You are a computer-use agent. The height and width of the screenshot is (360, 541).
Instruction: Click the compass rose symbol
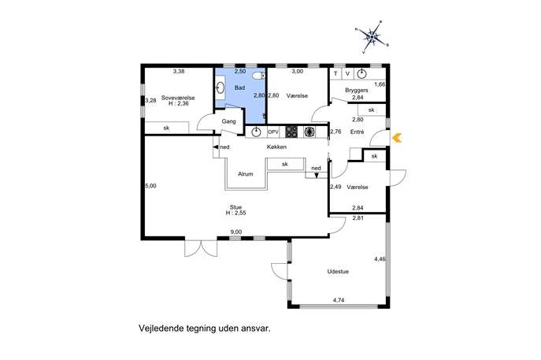click(372, 36)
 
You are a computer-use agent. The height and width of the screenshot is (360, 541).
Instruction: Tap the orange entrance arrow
click(397, 138)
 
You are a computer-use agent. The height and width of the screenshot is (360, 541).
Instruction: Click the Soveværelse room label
click(178, 98)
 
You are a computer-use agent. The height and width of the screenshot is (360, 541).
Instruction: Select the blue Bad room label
click(240, 88)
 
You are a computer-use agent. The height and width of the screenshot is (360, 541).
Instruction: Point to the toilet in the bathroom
click(258, 76)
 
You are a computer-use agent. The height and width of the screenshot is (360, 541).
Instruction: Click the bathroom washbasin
click(220, 87)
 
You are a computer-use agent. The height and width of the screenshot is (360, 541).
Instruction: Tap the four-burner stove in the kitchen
click(291, 132)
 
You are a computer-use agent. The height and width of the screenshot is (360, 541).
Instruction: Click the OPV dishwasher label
click(273, 132)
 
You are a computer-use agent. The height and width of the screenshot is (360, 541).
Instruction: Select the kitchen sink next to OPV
click(256, 132)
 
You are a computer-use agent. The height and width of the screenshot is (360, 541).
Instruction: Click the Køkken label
click(276, 147)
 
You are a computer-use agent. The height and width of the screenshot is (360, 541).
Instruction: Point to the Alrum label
click(246, 174)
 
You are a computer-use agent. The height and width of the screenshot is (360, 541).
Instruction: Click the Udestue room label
click(338, 272)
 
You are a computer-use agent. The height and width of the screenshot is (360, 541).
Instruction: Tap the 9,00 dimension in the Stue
click(236, 232)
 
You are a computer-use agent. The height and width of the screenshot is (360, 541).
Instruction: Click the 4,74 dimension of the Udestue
click(339, 300)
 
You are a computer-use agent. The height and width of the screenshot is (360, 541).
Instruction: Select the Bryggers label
click(357, 90)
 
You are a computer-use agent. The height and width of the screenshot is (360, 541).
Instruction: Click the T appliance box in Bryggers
click(335, 73)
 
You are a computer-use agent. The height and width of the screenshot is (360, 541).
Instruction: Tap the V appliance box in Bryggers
click(347, 73)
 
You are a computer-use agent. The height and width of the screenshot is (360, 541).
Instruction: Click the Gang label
click(228, 121)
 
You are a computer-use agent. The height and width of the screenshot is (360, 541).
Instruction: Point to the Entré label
click(357, 132)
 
